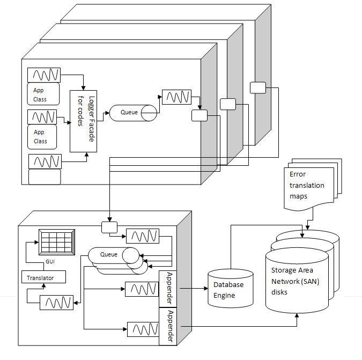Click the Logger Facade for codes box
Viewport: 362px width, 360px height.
point(83,121)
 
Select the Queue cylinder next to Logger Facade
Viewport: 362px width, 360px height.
point(133,113)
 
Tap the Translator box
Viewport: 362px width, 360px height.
point(43,277)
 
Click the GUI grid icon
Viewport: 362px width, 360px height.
point(57,242)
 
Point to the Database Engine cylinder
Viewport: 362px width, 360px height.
point(231,289)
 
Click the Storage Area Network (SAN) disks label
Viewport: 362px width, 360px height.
point(295,281)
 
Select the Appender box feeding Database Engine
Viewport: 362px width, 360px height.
point(168,289)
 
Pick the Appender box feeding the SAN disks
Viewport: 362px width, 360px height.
point(168,326)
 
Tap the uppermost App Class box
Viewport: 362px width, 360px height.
point(43,94)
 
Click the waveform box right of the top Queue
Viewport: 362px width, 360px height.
point(176,97)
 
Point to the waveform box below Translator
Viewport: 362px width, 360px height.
point(56,303)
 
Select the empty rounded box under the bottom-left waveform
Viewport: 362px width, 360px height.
point(45,177)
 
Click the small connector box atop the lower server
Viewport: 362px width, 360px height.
point(109,227)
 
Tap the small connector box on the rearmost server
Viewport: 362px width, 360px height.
point(258,88)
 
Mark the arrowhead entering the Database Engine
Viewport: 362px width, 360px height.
point(206,289)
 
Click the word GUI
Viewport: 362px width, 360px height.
point(50,261)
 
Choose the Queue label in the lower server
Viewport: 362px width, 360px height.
point(109,254)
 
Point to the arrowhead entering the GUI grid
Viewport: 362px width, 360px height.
point(36,242)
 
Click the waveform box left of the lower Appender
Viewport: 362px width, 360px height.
point(143,329)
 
